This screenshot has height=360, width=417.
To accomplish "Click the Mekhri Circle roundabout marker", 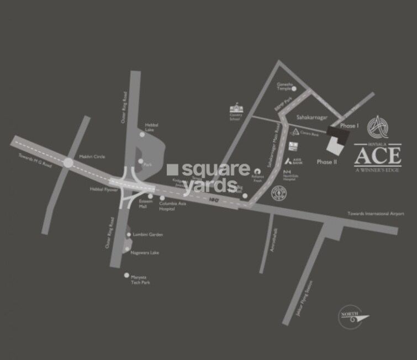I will point(68,162).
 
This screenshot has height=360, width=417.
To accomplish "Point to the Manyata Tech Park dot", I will point(127,275).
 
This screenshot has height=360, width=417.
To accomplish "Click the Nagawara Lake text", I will point(145,252).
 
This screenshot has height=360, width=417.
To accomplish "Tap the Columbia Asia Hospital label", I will point(174,205).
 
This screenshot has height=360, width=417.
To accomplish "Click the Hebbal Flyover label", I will point(102,189).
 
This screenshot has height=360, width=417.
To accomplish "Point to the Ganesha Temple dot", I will point(294,88).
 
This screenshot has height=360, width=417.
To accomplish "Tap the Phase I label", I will point(349,126).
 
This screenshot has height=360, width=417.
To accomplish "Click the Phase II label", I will point(325,162).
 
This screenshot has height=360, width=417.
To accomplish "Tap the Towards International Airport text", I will point(376,214).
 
